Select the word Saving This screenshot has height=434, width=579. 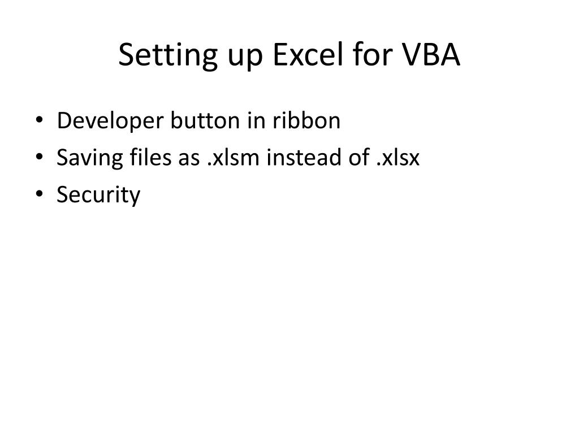tap(82, 158)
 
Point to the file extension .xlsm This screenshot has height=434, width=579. tap(233, 158)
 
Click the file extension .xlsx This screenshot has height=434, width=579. tap(398, 158)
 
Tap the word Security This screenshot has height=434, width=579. tap(98, 196)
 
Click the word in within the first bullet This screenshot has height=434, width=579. tap(241, 121)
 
